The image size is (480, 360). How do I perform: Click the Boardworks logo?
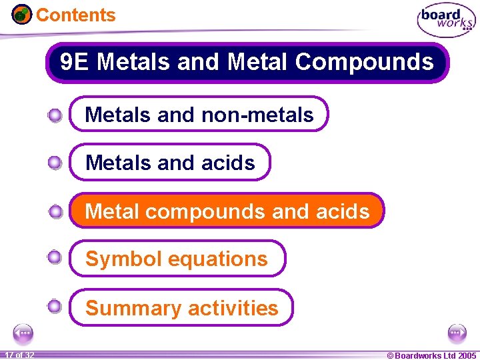pyautogui.click(x=447, y=20)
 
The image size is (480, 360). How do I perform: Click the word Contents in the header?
pyautogui.click(x=75, y=15)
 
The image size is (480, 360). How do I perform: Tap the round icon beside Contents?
pyautogui.click(x=22, y=14)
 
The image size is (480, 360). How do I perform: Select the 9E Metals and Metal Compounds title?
pyautogui.click(x=247, y=63)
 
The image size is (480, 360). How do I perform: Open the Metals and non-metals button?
pyautogui.click(x=199, y=115)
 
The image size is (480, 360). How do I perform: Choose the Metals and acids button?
pyautogui.click(x=170, y=163)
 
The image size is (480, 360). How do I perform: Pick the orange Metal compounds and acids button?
pyautogui.click(x=227, y=211)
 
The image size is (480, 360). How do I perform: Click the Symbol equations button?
pyautogui.click(x=177, y=259)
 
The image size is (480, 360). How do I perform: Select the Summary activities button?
pyautogui.click(x=181, y=308)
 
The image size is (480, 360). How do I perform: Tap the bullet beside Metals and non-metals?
pyautogui.click(x=55, y=115)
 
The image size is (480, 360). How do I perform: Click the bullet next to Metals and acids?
pyautogui.click(x=55, y=162)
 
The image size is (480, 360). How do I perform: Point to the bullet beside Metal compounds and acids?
pyautogui.click(x=55, y=212)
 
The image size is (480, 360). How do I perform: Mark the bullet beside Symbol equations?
pyautogui.click(x=55, y=257)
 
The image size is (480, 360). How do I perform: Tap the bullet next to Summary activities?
pyautogui.click(x=55, y=307)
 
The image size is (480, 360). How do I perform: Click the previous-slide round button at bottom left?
pyautogui.click(x=23, y=333)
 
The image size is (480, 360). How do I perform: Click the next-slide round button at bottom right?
pyautogui.click(x=457, y=333)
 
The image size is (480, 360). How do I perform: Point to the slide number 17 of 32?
pyautogui.click(x=19, y=355)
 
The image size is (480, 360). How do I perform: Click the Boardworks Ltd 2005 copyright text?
pyautogui.click(x=431, y=355)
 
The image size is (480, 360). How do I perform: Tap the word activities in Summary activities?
pyautogui.click(x=232, y=308)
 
